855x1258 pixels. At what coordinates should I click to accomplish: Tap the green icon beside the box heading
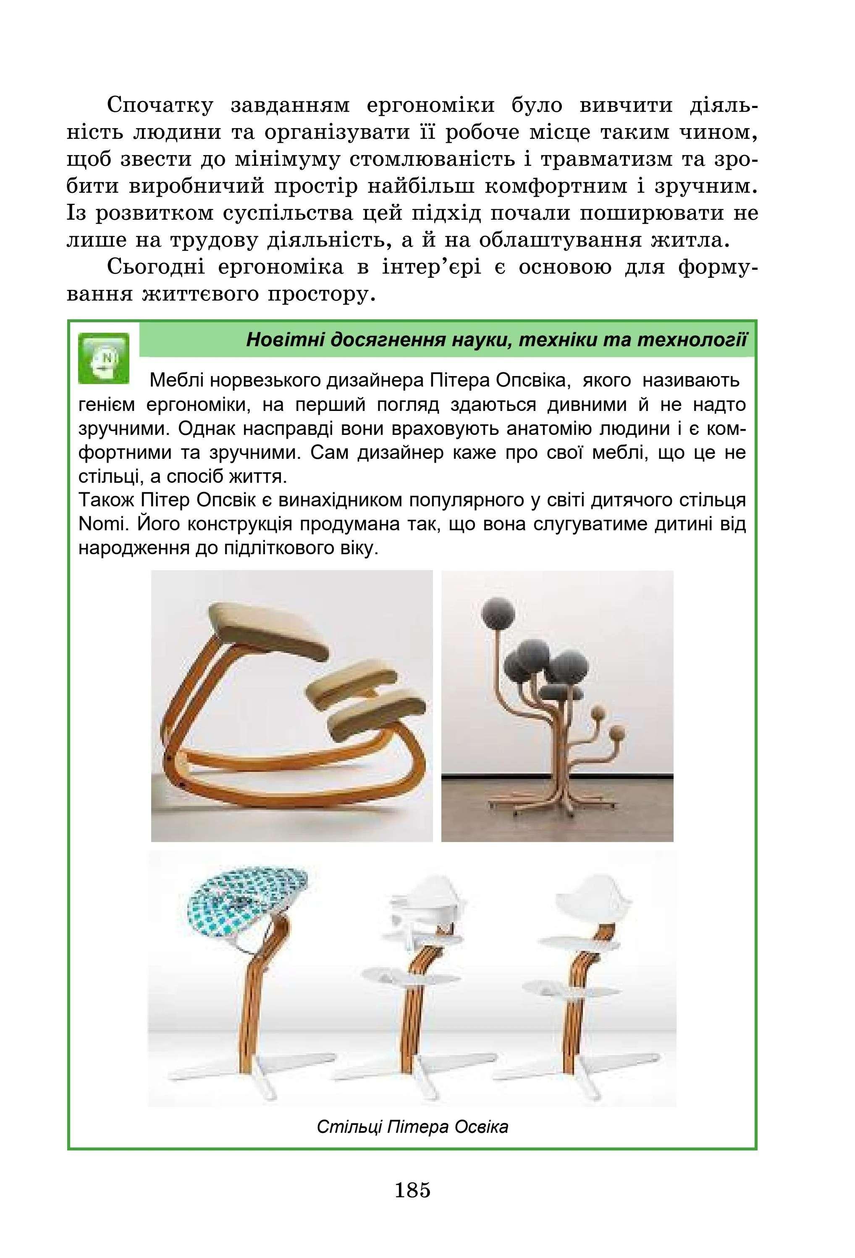click(103, 358)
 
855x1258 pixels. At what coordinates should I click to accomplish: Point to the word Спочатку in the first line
click(160, 105)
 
